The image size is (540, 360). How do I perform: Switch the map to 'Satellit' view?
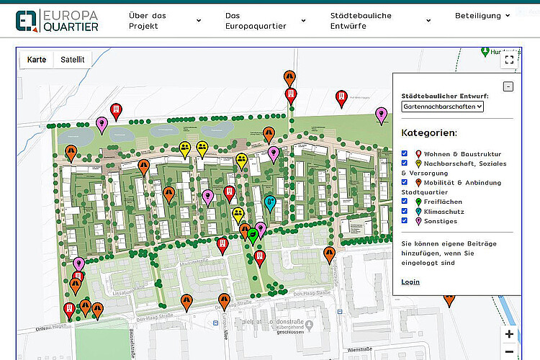click(73, 60)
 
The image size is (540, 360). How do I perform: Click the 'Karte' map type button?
click(37, 60)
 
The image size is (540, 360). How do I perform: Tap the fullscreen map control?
click(509, 60)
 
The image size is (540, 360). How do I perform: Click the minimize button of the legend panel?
click(508, 86)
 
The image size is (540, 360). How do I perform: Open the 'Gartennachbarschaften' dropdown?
click(443, 107)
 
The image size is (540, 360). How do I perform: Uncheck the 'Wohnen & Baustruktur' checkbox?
click(405, 153)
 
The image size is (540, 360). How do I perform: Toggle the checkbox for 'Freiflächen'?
click(405, 202)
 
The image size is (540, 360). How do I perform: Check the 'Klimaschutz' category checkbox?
click(405, 212)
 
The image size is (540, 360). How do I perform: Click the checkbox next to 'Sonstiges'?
click(405, 221)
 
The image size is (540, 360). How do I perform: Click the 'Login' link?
click(410, 282)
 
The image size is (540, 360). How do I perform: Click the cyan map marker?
click(271, 202)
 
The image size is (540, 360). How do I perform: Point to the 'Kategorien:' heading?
click(429, 133)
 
